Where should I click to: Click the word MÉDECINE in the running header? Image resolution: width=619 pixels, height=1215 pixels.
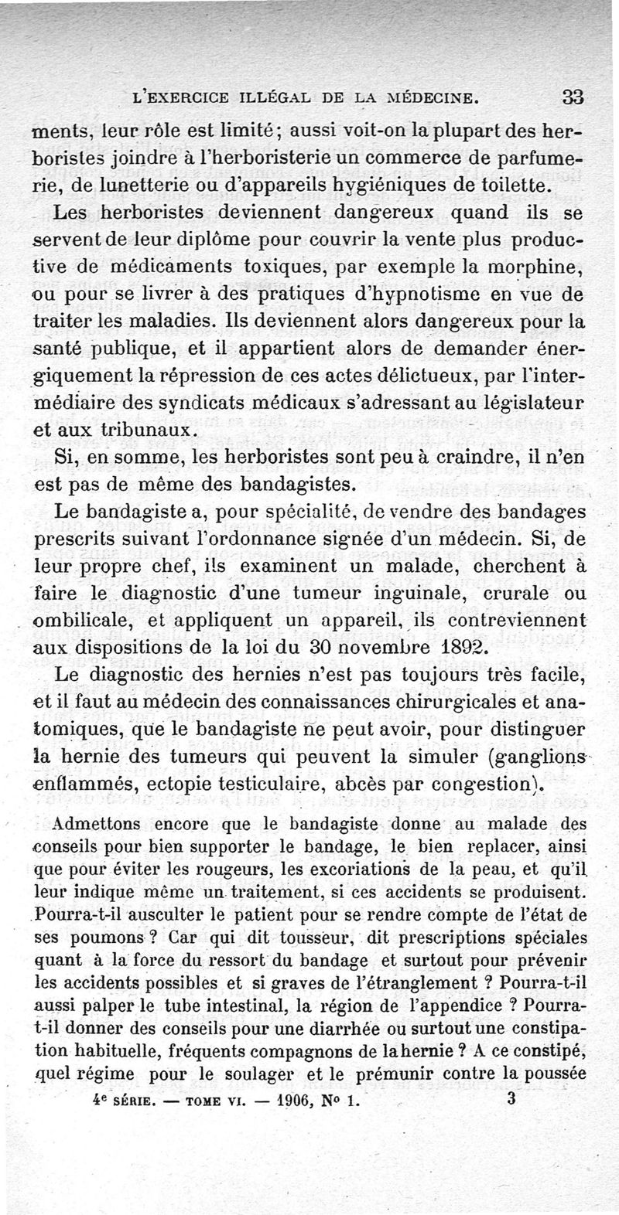pos(422,99)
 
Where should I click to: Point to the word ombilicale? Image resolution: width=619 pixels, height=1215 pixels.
pos(88,621)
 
